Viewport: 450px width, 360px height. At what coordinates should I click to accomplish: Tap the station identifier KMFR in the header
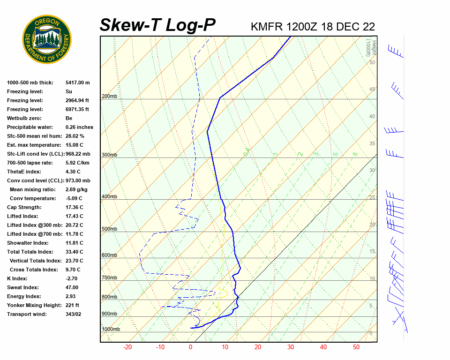click(267, 27)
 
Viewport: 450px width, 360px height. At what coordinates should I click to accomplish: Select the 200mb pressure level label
click(109, 97)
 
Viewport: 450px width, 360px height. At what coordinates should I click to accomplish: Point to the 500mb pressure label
click(109, 229)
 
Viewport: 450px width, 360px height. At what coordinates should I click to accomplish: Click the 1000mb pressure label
click(111, 330)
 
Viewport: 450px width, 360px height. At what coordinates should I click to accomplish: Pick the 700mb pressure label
click(109, 278)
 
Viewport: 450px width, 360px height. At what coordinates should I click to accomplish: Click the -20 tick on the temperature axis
click(127, 347)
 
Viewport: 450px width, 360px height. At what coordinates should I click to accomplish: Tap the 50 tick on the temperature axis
click(356, 347)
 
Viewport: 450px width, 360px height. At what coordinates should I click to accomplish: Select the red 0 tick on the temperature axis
click(190, 347)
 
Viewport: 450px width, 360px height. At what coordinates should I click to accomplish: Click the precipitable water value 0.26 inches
click(79, 127)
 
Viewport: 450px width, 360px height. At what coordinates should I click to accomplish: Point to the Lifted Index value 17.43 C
click(75, 216)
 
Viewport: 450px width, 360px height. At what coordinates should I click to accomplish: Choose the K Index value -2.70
click(72, 278)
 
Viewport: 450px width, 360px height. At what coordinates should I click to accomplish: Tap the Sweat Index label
click(23, 287)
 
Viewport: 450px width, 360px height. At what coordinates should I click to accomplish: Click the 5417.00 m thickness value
click(77, 82)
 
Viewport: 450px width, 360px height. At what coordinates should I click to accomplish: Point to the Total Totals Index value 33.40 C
click(75, 252)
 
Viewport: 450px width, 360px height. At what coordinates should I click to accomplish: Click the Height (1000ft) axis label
click(369, 46)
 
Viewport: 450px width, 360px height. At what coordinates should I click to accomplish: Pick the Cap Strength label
click(24, 207)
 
